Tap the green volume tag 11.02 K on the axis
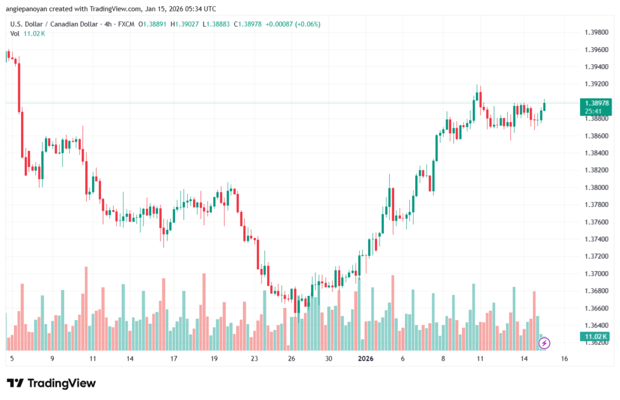(x=596, y=336)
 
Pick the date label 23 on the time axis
(x=254, y=359)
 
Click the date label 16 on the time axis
(x=564, y=359)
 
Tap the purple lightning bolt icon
(x=544, y=343)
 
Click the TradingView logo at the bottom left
(x=51, y=383)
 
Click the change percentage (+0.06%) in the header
(x=306, y=24)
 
